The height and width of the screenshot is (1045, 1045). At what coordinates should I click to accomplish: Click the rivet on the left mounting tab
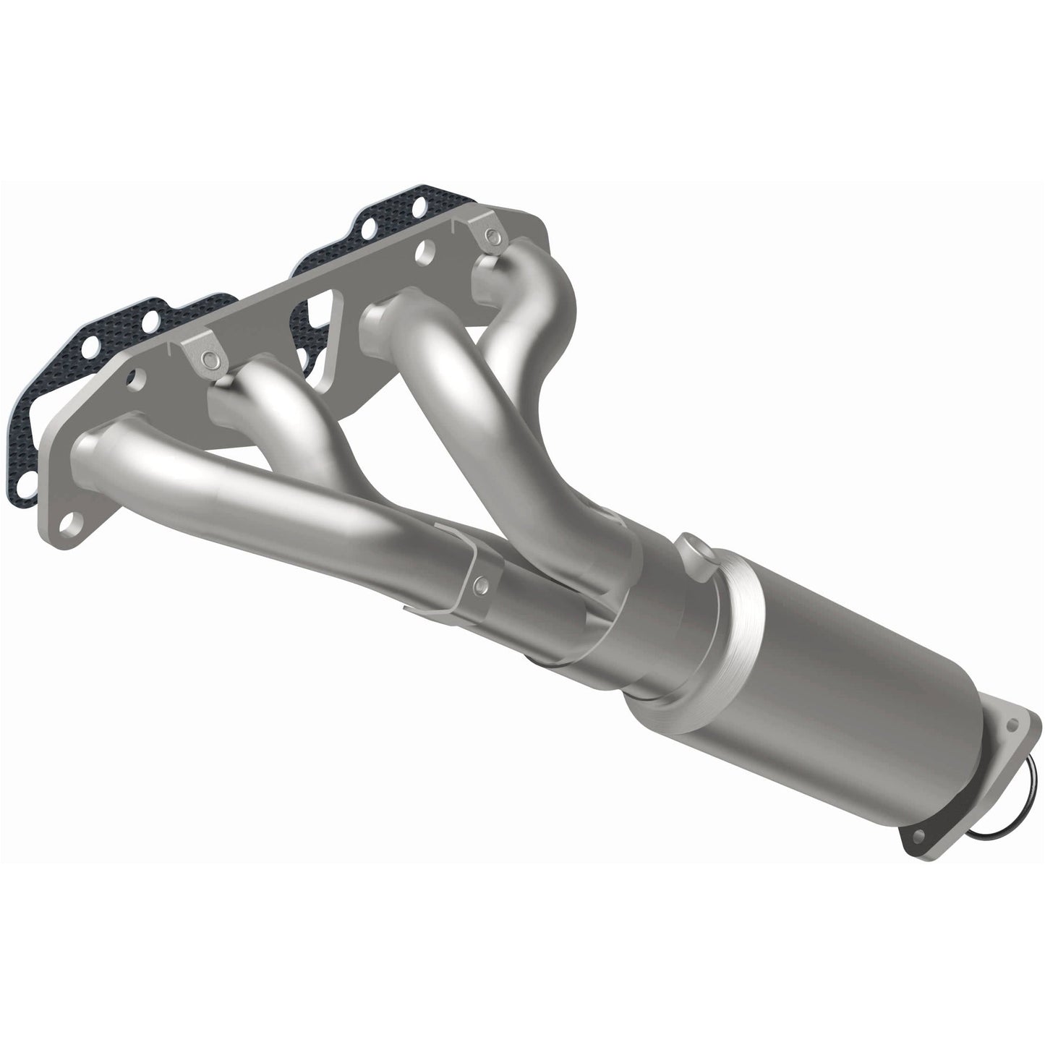point(208,358)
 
